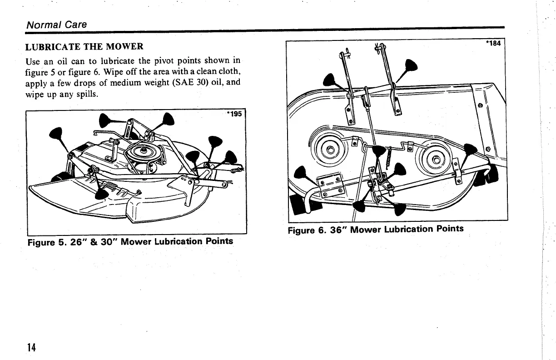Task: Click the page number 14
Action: coord(31,347)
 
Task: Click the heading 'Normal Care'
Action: coord(56,25)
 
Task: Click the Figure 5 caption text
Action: coord(130,241)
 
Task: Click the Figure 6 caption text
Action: coord(376,229)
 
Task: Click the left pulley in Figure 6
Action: coord(330,150)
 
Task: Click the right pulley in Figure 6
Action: coord(437,159)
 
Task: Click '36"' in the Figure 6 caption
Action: coord(338,229)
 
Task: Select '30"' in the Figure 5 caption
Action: coord(106,241)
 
